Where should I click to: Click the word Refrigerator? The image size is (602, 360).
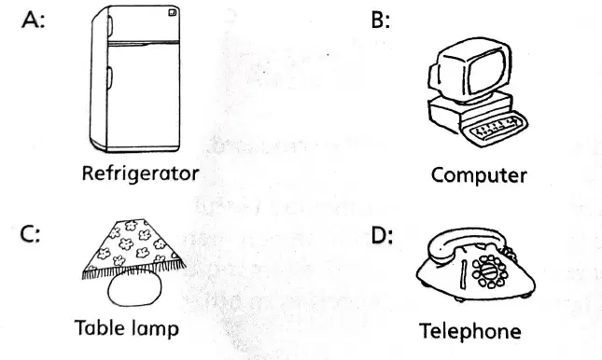tap(141, 173)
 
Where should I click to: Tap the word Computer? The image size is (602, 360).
tap(479, 175)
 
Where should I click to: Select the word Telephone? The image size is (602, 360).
tap(469, 331)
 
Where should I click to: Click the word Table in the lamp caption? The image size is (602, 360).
tap(99, 327)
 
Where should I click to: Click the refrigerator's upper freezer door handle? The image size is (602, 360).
tap(110, 25)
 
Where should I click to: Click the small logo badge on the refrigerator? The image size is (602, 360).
tap(173, 13)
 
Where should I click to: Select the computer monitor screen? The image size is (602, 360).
tap(486, 72)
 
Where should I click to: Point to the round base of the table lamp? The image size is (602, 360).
tap(134, 288)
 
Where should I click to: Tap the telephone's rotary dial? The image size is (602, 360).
tap(489, 271)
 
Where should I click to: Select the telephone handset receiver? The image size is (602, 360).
tap(469, 242)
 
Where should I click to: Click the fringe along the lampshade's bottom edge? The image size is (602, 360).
tap(134, 269)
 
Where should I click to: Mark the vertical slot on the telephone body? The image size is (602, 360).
tap(464, 274)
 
